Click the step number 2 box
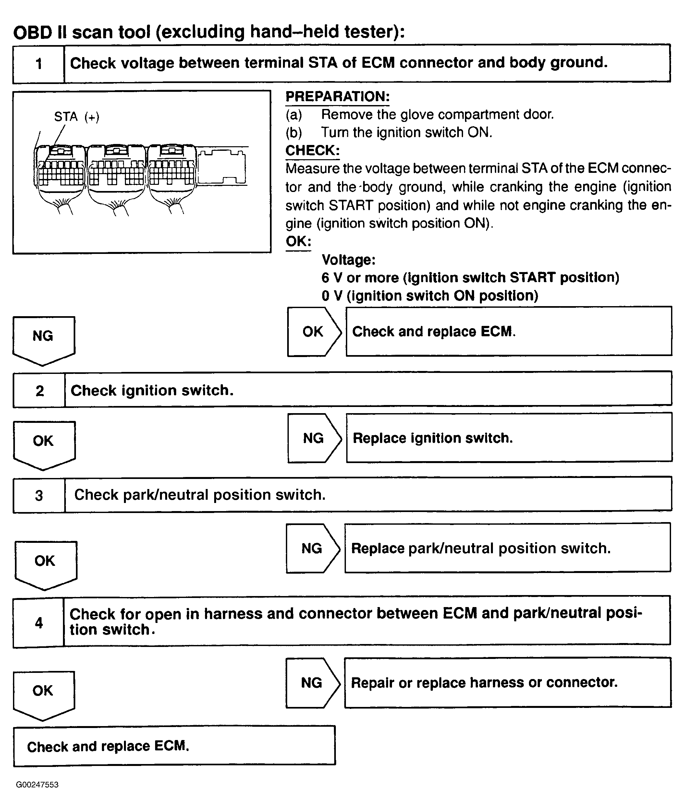click(x=39, y=390)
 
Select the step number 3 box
click(x=39, y=495)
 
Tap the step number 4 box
click(x=38, y=623)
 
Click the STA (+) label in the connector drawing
click(x=77, y=117)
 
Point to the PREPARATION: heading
click(x=337, y=97)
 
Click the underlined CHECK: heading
click(x=312, y=150)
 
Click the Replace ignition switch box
click(x=509, y=438)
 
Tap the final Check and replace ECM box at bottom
click(x=174, y=746)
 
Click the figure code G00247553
click(x=37, y=785)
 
